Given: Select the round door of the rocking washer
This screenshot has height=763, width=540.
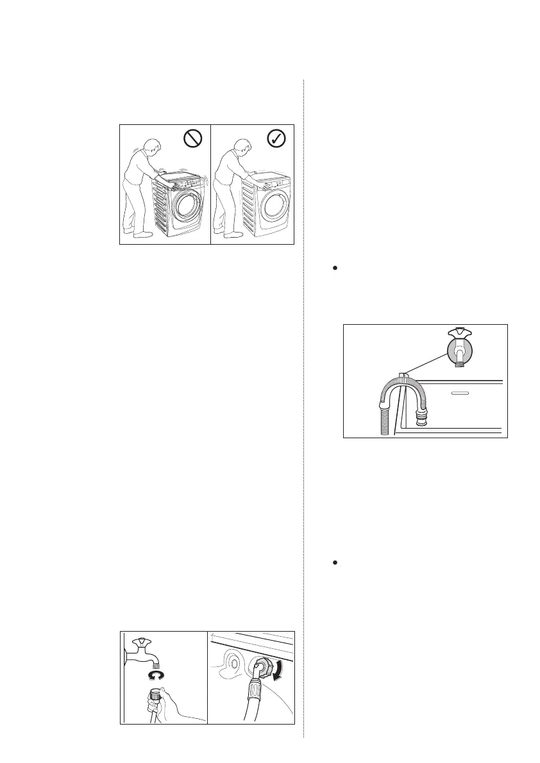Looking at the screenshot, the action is click(188, 208).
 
